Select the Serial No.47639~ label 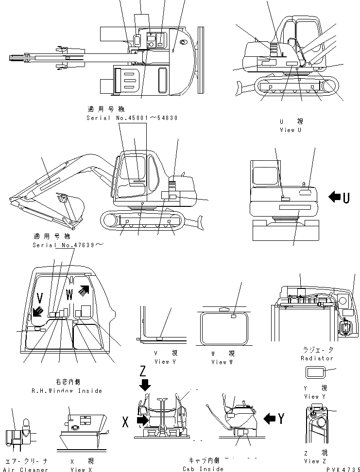pos(68,245)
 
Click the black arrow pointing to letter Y pos(270,417)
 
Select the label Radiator pos(317,358)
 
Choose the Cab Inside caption pos(203,469)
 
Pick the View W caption pos(223,362)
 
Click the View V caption pos(162,362)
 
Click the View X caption pos(78,469)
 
